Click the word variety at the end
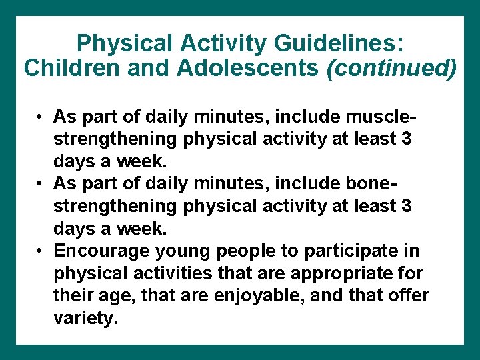pyautogui.click(x=85, y=318)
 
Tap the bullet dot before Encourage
pyautogui.click(x=41, y=251)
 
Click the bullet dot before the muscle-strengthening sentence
pyautogui.click(x=41, y=118)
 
